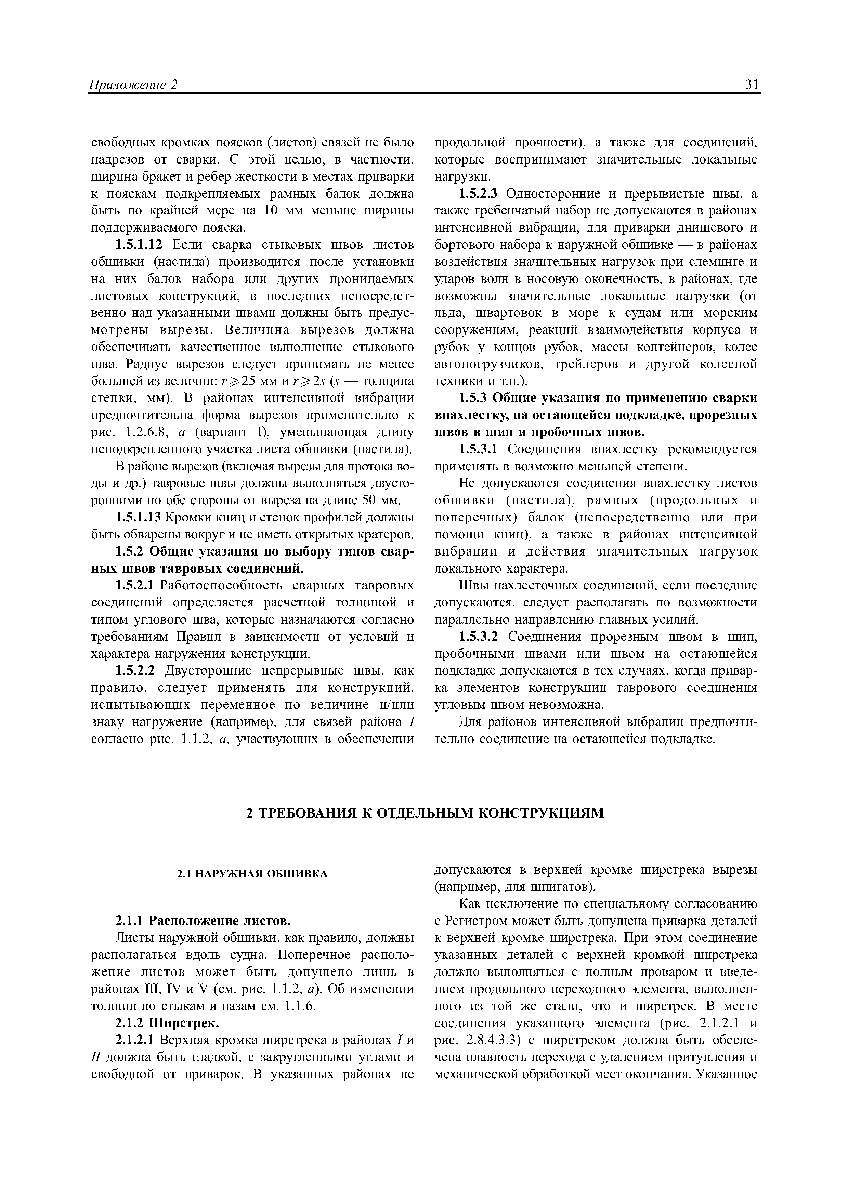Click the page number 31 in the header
pos(752,85)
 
